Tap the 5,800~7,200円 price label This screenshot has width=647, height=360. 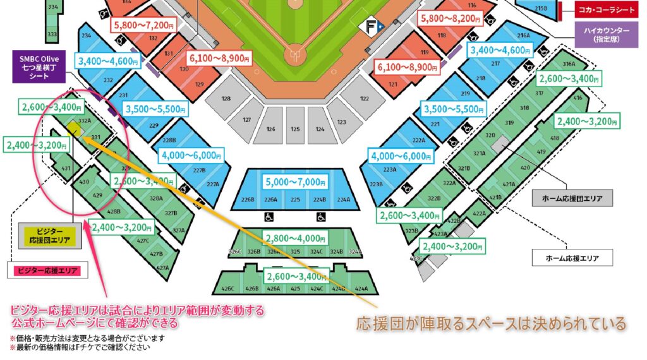click(x=145, y=25)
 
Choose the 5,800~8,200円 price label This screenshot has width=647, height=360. click(x=452, y=19)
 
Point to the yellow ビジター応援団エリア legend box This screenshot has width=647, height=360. click(x=49, y=236)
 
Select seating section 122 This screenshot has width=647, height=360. click(x=364, y=99)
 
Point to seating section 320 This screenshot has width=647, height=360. click(x=490, y=135)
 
